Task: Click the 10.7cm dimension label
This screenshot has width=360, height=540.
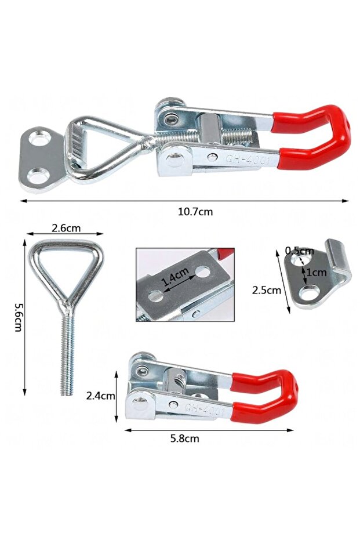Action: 195,212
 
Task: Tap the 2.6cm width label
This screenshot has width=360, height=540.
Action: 66,228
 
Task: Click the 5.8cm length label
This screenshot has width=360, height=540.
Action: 185,438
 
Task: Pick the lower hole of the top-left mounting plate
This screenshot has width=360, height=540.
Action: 39,175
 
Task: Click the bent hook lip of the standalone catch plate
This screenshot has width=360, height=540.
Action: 337,255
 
